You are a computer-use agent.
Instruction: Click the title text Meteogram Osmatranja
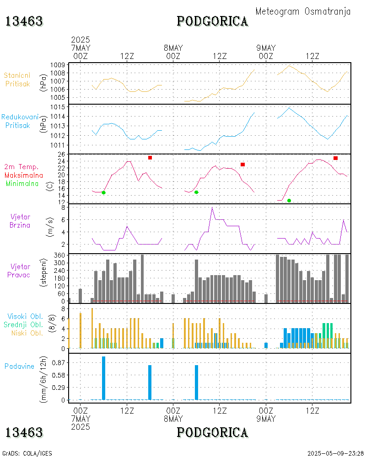tap(303, 11)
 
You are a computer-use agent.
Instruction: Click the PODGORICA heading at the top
tap(212, 21)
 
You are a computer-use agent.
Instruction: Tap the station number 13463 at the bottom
tap(24, 432)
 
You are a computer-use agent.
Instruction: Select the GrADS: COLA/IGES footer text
tap(27, 453)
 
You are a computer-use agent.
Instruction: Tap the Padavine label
tap(20, 366)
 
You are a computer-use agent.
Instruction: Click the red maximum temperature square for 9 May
tap(335, 158)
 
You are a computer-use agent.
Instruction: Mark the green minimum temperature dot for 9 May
tap(289, 201)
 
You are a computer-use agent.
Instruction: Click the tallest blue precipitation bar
tap(103, 378)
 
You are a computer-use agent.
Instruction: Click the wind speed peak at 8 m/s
tap(212, 208)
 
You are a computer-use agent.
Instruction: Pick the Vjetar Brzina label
tap(20, 221)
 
